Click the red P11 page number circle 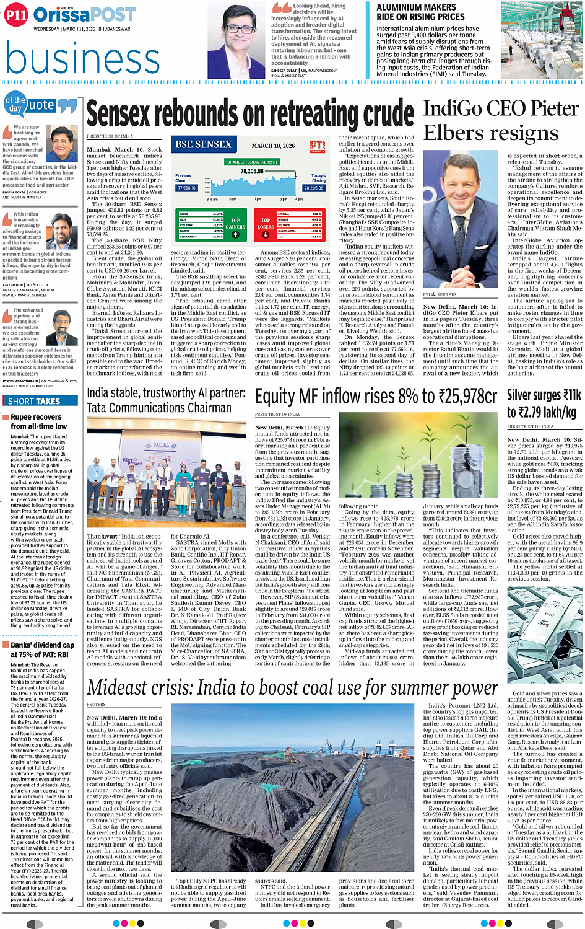pos(16,15)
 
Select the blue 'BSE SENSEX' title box pos(203,144)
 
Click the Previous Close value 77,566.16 pos(186,188)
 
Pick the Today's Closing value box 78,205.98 pos(314,188)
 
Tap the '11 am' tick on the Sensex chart pos(233,200)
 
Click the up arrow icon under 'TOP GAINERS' pos(235,234)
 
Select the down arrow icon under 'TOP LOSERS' pos(265,235)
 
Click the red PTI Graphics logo pos(318,146)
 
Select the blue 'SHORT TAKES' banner pos(34,401)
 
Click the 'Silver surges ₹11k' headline pos(544,395)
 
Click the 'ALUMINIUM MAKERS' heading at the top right pos(416,7)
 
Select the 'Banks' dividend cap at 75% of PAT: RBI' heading pos(42,649)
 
